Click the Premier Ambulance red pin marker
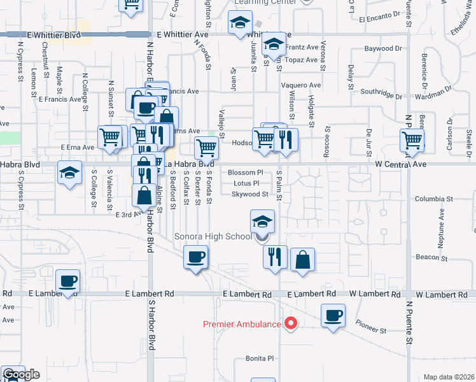click(291, 323)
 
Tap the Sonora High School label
click(213, 237)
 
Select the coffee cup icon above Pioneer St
click(333, 315)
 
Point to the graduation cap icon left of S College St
click(69, 172)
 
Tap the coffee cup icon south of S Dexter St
click(195, 257)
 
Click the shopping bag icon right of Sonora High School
click(302, 259)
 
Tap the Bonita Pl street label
click(260, 358)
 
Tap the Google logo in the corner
click(20, 374)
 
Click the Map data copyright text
click(449, 377)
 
